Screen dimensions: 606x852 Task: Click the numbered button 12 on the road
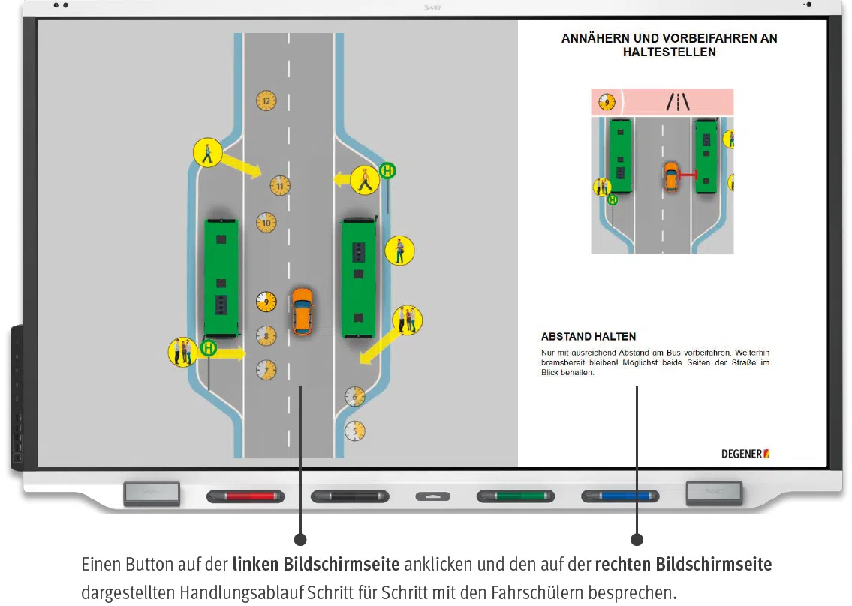[x=266, y=100]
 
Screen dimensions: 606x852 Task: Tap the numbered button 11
[x=280, y=185]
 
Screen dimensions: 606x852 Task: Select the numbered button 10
[x=266, y=223]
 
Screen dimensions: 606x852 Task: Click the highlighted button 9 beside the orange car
[x=266, y=301]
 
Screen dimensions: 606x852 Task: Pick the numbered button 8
[x=266, y=335]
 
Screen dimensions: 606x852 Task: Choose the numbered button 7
[x=266, y=370]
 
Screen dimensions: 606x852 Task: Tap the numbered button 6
[x=354, y=396]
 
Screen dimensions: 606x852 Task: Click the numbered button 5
[x=354, y=430]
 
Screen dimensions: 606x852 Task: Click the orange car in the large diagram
[x=302, y=310]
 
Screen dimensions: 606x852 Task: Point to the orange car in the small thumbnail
[x=670, y=177]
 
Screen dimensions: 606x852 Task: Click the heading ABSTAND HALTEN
[x=589, y=337]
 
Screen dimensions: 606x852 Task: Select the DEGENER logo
[x=745, y=453]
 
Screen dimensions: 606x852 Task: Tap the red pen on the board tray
[x=245, y=496]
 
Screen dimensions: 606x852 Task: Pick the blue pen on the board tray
[x=620, y=496]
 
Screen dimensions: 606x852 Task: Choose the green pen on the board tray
[x=516, y=496]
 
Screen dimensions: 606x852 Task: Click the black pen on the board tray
[x=350, y=496]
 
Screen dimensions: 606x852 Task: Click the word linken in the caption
[x=257, y=563]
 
